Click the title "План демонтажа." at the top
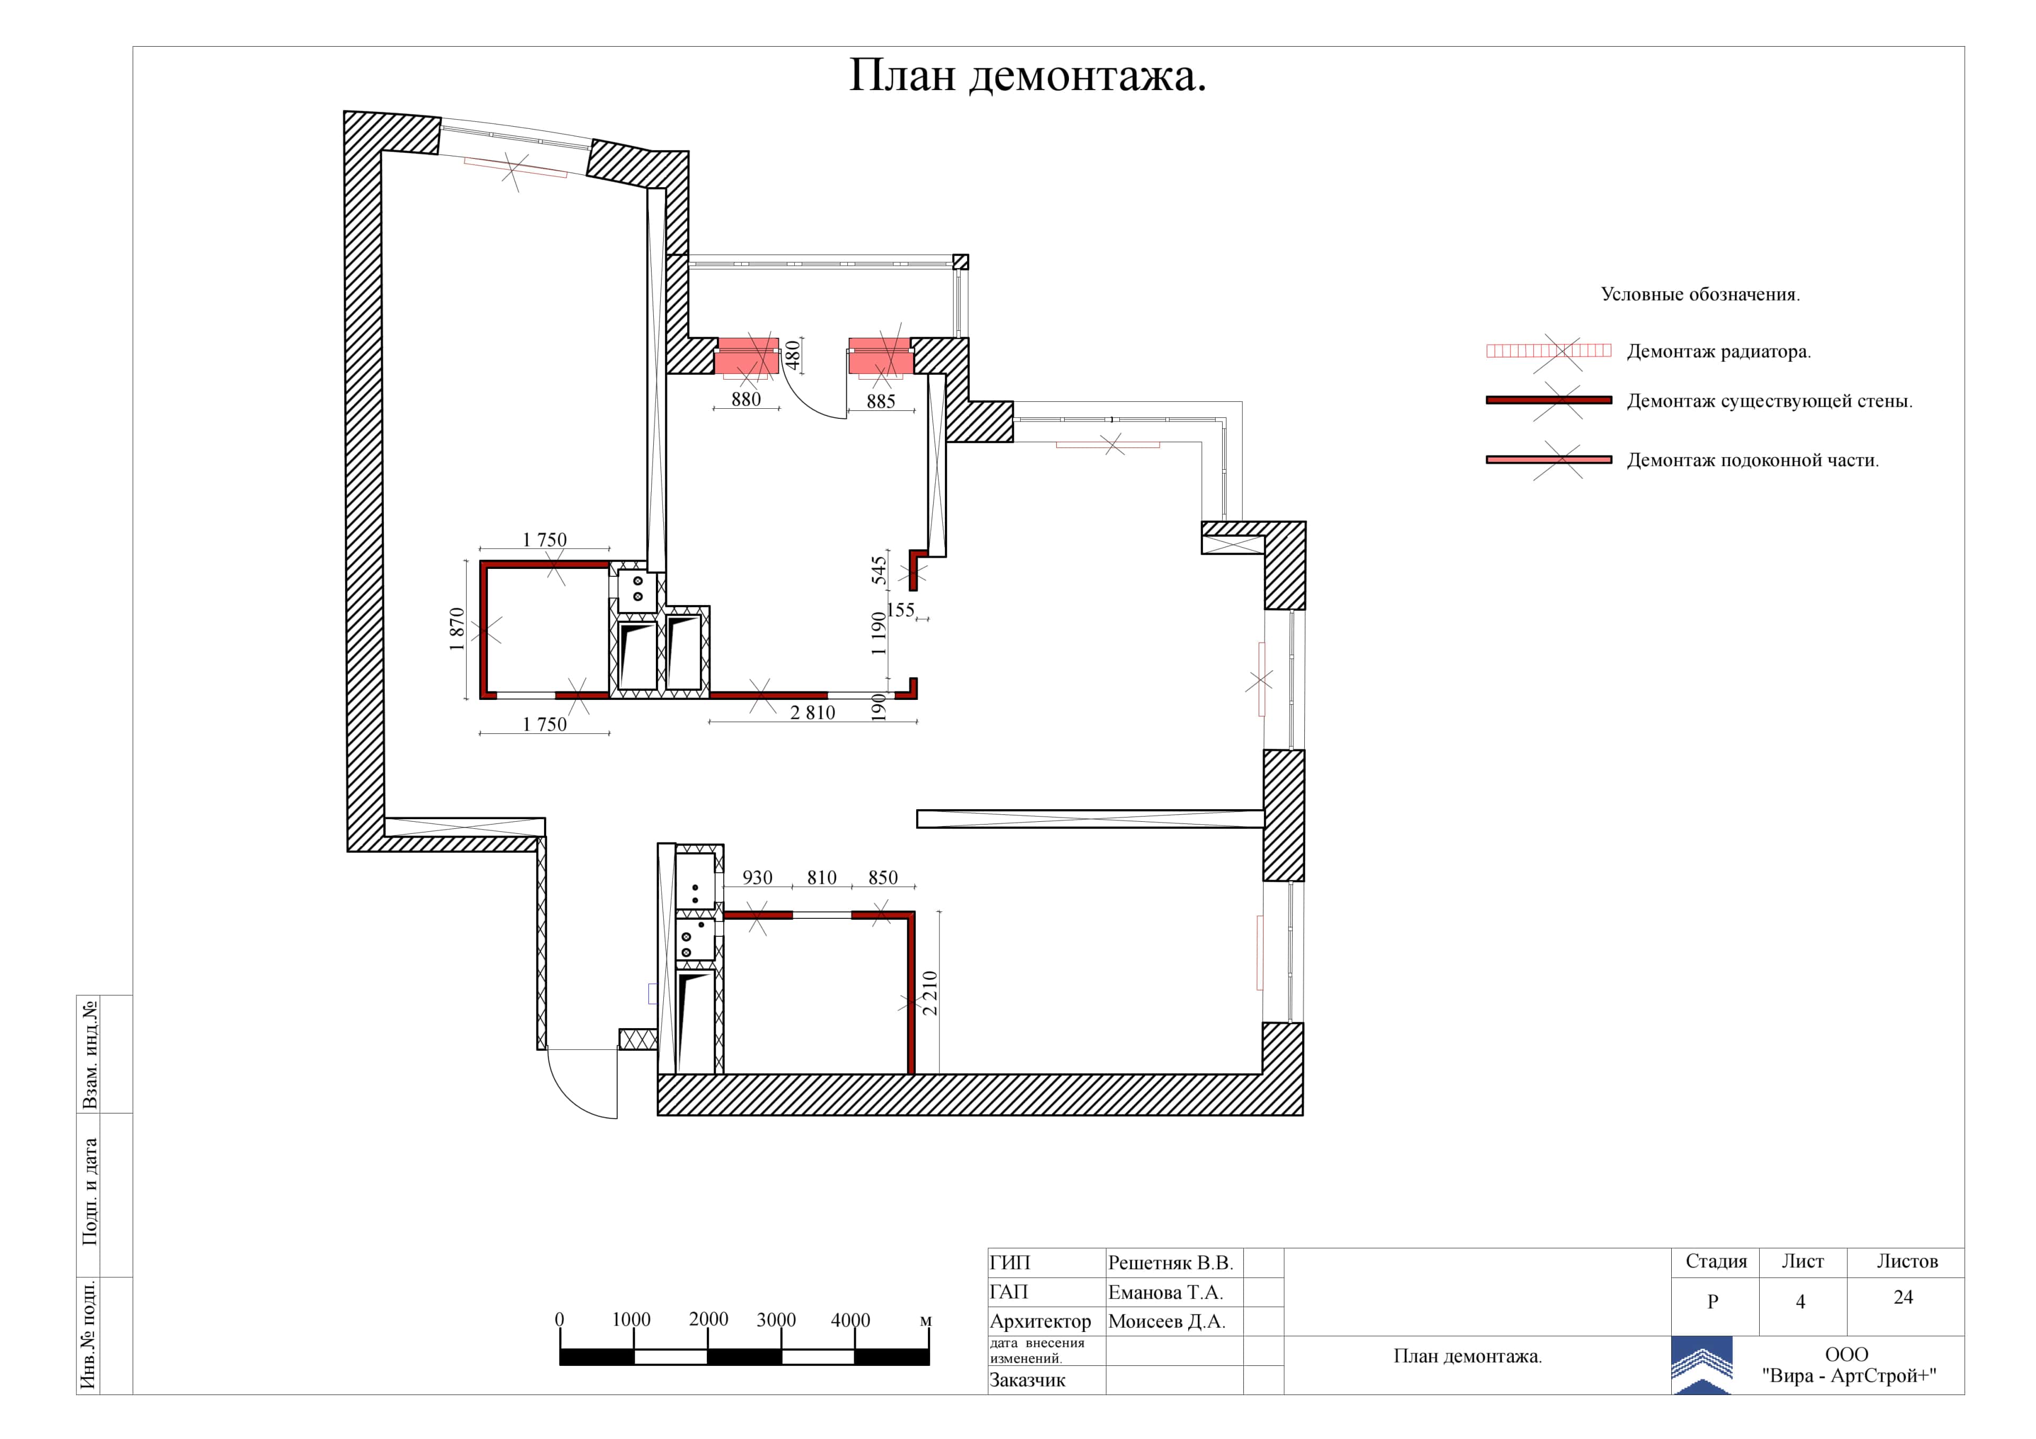(x=1027, y=76)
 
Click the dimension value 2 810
(x=812, y=713)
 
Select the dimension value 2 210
(x=929, y=993)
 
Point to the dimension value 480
(x=793, y=355)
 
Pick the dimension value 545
(x=879, y=570)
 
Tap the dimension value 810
(x=821, y=878)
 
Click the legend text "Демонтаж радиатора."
(x=1718, y=352)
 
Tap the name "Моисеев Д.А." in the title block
(x=1166, y=1322)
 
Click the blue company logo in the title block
(x=1701, y=1365)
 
